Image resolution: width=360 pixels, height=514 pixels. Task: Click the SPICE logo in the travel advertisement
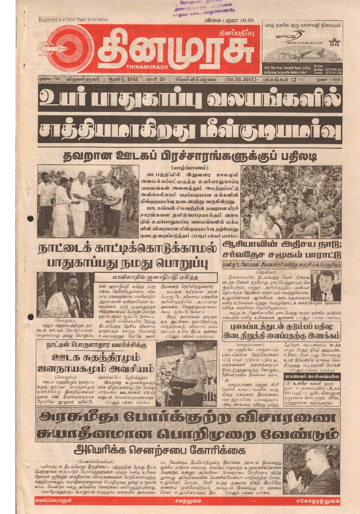click(284, 36)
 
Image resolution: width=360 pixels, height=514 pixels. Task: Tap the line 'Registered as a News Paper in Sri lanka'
click(73, 20)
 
